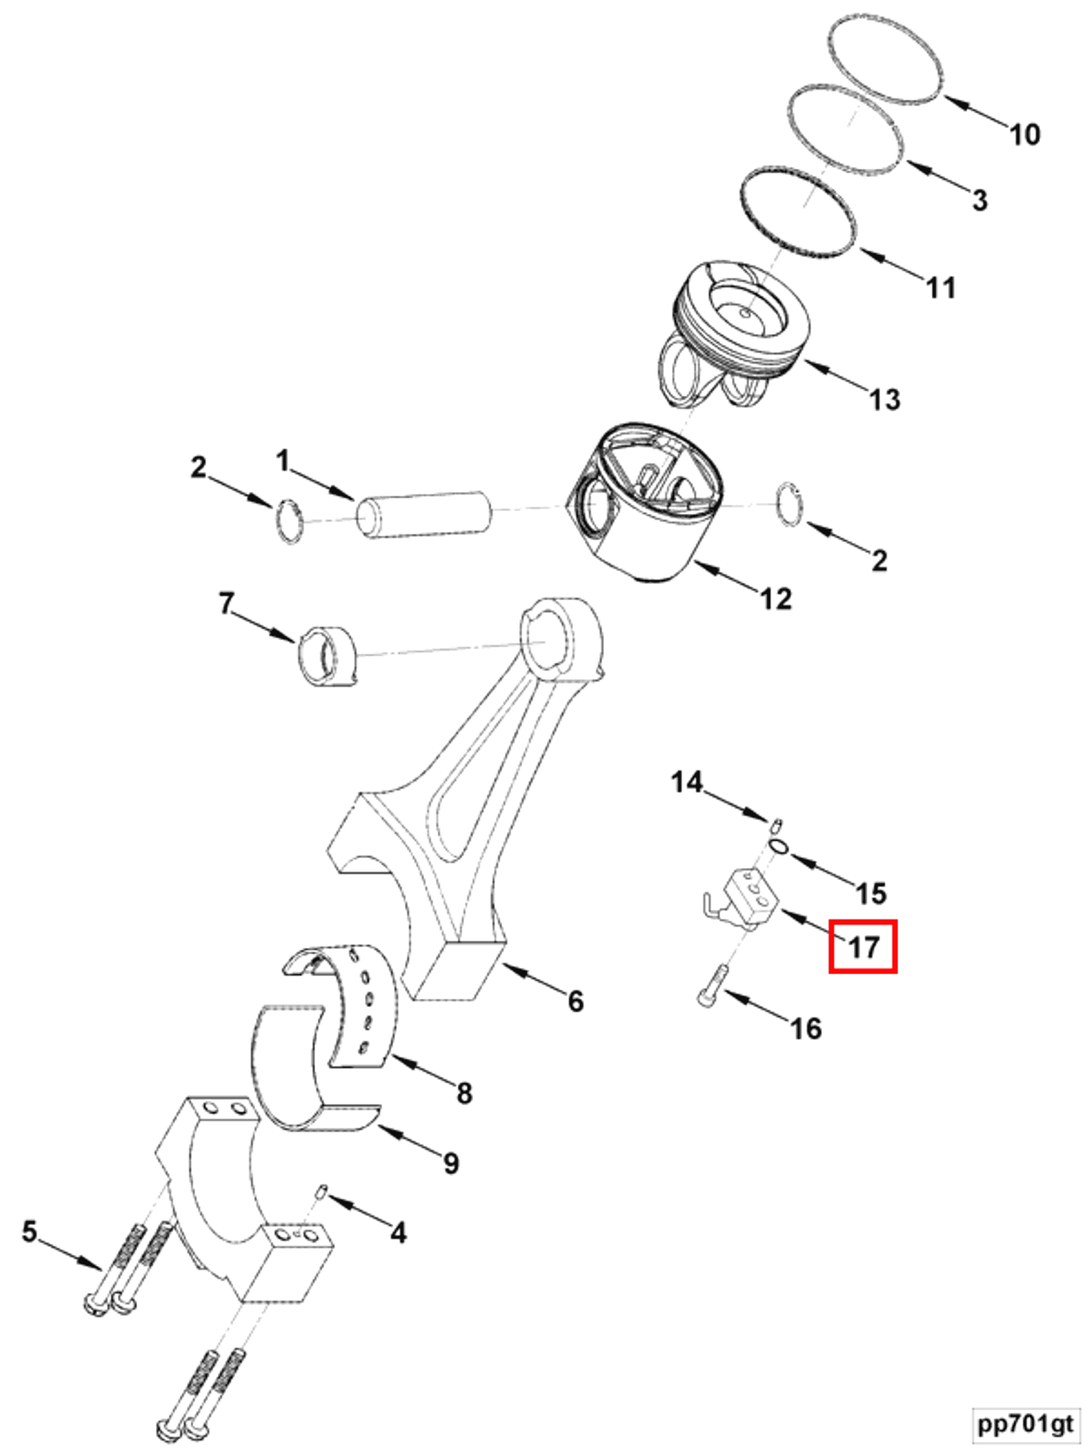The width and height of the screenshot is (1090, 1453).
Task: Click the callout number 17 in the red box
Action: tap(863, 946)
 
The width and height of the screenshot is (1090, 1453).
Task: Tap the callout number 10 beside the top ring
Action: tap(1024, 135)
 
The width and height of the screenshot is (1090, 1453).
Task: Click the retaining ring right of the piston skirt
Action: tap(788, 505)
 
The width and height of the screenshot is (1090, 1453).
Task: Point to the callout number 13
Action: tap(884, 399)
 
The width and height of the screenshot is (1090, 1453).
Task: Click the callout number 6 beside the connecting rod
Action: tap(575, 1000)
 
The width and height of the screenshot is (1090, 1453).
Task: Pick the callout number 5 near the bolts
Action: tap(29, 1231)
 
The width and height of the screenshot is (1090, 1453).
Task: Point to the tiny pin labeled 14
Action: tap(777, 824)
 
